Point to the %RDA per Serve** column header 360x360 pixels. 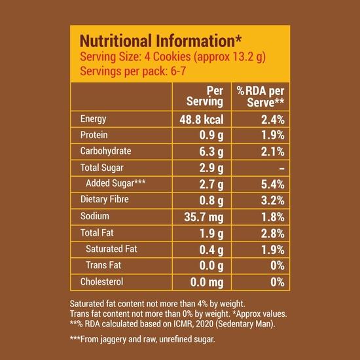coord(260,96)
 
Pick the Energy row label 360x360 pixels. coord(93,119)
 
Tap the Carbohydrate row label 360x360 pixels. coord(105,151)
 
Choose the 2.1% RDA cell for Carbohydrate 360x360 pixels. coord(270,152)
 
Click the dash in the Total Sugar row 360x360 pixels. coord(280,168)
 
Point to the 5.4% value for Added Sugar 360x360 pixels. coord(270,185)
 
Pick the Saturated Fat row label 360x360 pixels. coord(113,249)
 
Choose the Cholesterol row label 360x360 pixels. coord(101,281)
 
